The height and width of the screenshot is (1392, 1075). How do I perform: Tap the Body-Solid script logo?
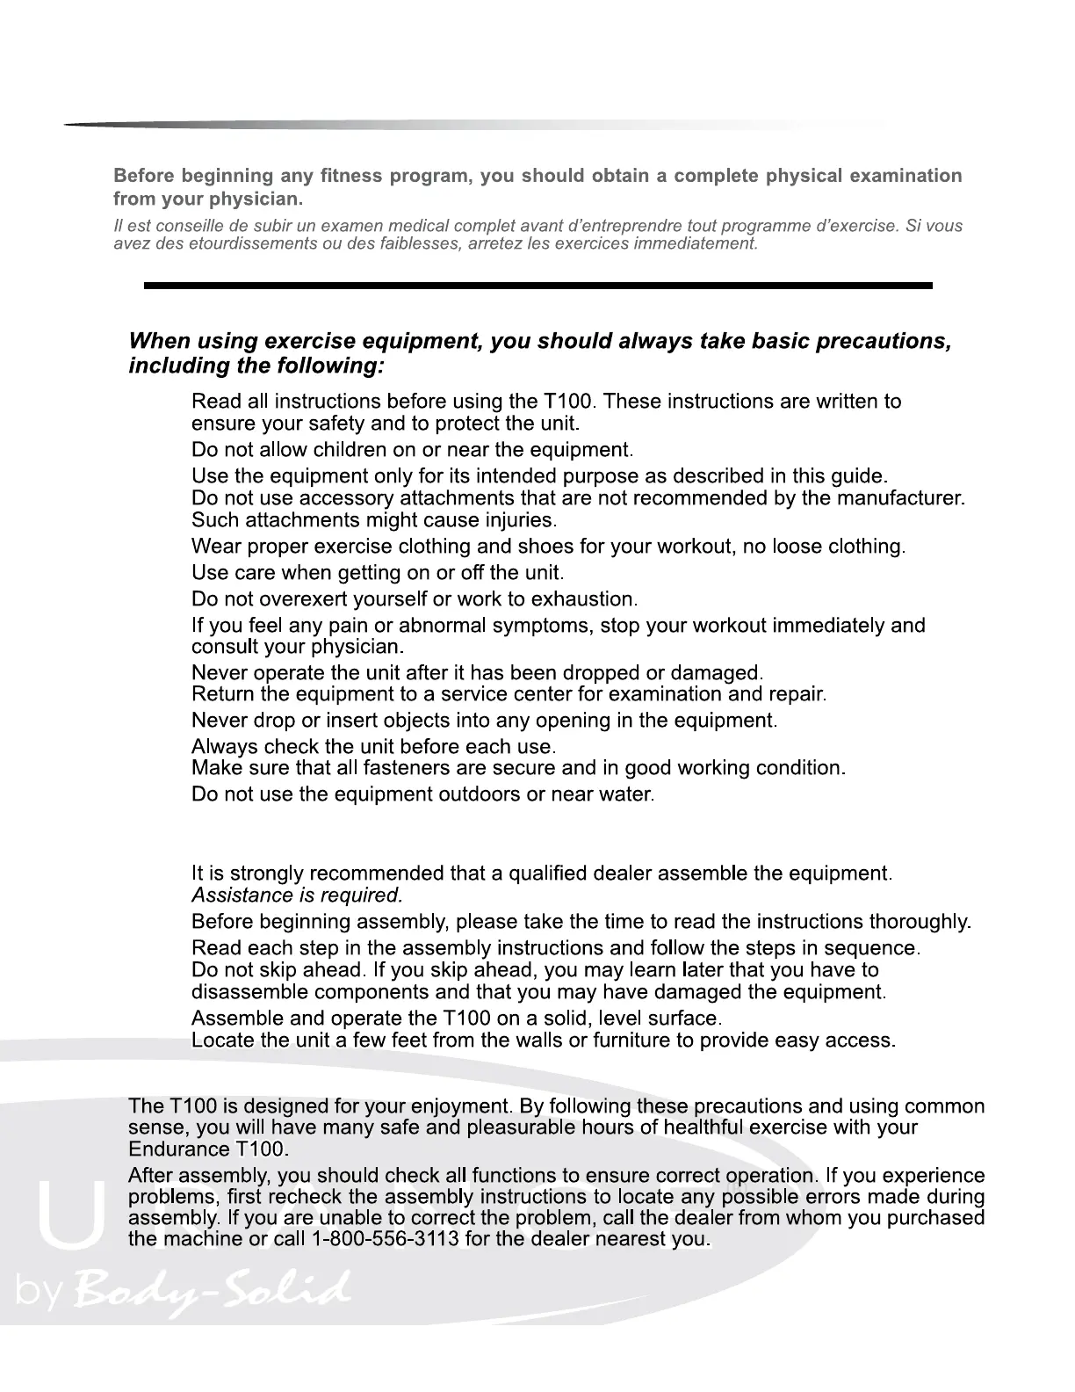coord(211,1289)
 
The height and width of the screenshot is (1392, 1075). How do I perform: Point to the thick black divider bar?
coord(537,286)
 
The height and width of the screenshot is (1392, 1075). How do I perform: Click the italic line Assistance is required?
coord(297,895)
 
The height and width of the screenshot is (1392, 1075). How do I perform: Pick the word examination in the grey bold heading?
coord(907,176)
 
